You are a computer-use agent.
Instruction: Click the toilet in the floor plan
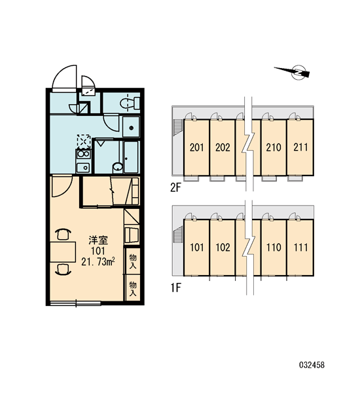pyautogui.click(x=130, y=103)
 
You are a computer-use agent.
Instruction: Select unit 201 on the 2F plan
pyautogui.click(x=196, y=147)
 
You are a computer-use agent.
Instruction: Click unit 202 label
pyautogui.click(x=223, y=147)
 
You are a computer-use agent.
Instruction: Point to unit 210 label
pyautogui.click(x=274, y=147)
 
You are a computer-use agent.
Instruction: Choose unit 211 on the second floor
pyautogui.click(x=300, y=147)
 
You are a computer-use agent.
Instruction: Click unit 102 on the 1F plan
pyautogui.click(x=223, y=248)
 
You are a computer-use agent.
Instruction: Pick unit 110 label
pyautogui.click(x=274, y=248)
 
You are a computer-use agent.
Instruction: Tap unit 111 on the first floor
pyautogui.click(x=300, y=248)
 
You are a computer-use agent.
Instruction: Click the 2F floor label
pyautogui.click(x=175, y=188)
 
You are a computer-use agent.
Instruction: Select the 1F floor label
pyautogui.click(x=176, y=288)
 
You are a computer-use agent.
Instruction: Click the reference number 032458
pyautogui.click(x=312, y=365)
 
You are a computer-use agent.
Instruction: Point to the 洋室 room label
pyautogui.click(x=98, y=240)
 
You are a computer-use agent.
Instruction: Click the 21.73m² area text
pyautogui.click(x=98, y=262)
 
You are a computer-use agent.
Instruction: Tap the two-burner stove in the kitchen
pyautogui.click(x=83, y=154)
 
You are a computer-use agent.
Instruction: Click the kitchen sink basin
pyautogui.click(x=83, y=168)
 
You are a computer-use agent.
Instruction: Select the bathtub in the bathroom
pyautogui.click(x=131, y=158)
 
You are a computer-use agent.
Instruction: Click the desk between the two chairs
pyautogui.click(x=63, y=252)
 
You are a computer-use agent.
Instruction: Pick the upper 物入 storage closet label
pyautogui.click(x=132, y=261)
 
